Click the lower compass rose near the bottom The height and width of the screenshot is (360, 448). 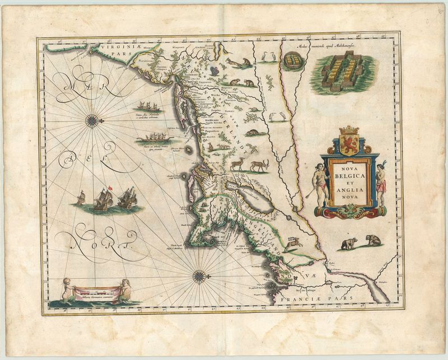coord(198,276)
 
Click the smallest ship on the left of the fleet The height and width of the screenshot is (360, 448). coord(81,197)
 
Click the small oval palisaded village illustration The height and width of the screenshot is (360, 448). coord(291,60)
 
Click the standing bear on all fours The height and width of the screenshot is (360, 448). coord(348,244)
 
